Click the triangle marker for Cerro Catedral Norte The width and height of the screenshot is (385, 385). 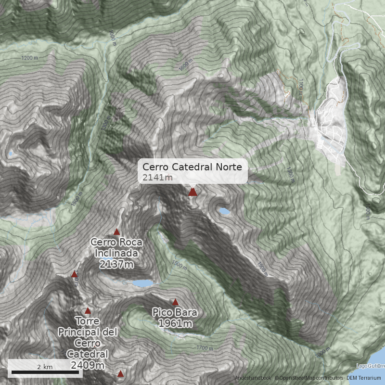193,192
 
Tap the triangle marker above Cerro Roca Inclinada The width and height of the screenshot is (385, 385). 116,232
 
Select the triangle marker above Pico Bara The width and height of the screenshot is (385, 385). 176,302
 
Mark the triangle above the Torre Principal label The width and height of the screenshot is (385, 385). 88,311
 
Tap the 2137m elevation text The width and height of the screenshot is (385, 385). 116,264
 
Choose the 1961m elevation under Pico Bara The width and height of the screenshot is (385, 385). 175,323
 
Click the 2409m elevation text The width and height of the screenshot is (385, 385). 87,365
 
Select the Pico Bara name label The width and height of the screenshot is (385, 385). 175,312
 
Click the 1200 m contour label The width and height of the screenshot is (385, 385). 29,58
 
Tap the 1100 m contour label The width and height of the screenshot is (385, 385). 301,87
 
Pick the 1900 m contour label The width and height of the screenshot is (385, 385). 262,269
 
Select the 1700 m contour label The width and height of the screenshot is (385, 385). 205,348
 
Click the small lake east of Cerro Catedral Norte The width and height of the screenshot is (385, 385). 224,211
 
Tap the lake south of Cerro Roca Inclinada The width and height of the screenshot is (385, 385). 143,283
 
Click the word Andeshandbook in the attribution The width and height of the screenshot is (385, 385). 253,378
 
